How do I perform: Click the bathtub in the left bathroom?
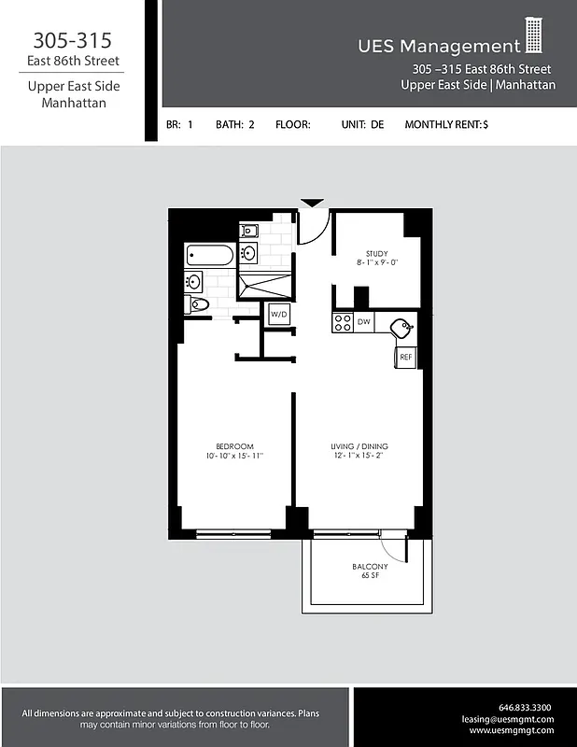point(210,255)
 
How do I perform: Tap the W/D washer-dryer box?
point(278,315)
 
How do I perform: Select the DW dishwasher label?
point(364,322)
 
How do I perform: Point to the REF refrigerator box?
point(406,357)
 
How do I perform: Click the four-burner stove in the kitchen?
point(342,322)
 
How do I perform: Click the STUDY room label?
point(376,253)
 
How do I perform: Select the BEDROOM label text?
point(234,446)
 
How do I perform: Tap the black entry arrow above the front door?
point(312,203)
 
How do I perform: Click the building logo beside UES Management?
point(534,35)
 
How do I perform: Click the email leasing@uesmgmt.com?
point(508,719)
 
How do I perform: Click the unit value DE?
point(377,123)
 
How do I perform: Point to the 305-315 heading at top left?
point(72,41)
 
